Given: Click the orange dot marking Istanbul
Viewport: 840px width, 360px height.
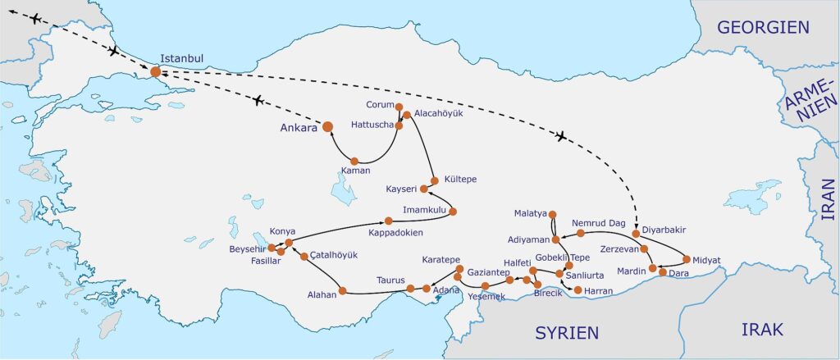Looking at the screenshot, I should tap(156, 72).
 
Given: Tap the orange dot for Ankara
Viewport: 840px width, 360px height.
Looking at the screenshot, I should tap(327, 126).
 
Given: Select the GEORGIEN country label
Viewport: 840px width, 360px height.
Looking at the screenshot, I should tap(763, 27).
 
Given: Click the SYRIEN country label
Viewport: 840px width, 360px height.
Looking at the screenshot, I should tap(567, 332).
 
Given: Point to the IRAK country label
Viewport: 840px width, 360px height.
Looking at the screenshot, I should tap(762, 329).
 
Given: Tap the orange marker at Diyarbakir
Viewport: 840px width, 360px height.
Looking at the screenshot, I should tap(636, 234).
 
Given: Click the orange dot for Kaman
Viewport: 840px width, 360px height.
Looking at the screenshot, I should tap(354, 161).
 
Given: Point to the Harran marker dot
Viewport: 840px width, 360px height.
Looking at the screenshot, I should tap(577, 290).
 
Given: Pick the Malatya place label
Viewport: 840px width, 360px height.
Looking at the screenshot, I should tap(530, 213).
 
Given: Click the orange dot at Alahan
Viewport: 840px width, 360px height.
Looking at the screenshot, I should tap(342, 289).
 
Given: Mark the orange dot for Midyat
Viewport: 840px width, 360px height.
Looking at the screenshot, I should tap(687, 259).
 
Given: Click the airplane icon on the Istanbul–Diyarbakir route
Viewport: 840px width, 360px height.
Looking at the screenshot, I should tap(561, 135).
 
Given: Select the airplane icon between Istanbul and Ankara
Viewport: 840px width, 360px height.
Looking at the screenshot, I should tap(258, 100).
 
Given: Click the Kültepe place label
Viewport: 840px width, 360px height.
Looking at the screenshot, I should tap(459, 179).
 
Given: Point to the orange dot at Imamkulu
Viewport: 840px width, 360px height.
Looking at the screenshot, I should tap(453, 211).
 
